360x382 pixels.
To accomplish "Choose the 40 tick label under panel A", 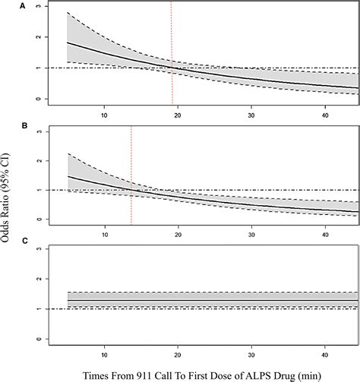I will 325,115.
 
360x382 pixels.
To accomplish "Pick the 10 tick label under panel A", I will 104,115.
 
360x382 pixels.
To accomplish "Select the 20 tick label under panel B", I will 178,235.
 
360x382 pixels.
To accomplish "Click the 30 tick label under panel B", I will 251,235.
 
